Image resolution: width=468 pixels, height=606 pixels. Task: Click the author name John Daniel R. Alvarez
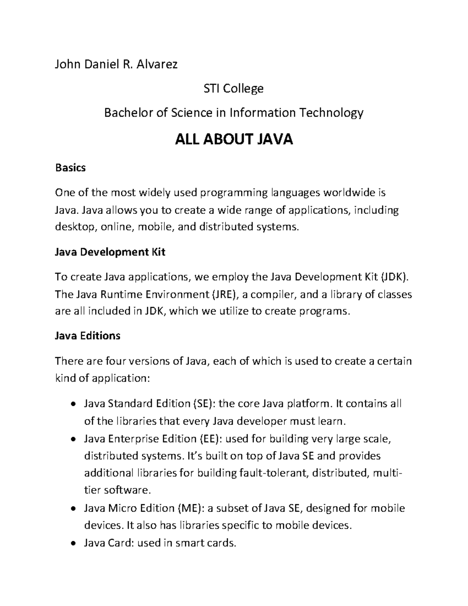tap(116, 64)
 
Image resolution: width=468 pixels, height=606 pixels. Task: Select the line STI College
tap(234, 89)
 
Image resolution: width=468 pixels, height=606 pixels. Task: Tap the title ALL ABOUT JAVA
tap(234, 139)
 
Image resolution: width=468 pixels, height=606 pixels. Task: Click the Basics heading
tap(70, 168)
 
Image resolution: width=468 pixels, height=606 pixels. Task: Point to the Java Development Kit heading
tap(110, 252)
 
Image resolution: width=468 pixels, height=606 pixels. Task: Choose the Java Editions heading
tap(87, 336)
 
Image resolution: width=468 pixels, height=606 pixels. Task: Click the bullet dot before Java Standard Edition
tap(74, 404)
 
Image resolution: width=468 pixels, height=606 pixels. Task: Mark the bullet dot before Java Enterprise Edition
tap(74, 439)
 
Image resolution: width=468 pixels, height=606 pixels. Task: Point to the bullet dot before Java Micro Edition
tap(74, 509)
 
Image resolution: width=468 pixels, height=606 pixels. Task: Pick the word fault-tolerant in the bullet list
tap(273, 473)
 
